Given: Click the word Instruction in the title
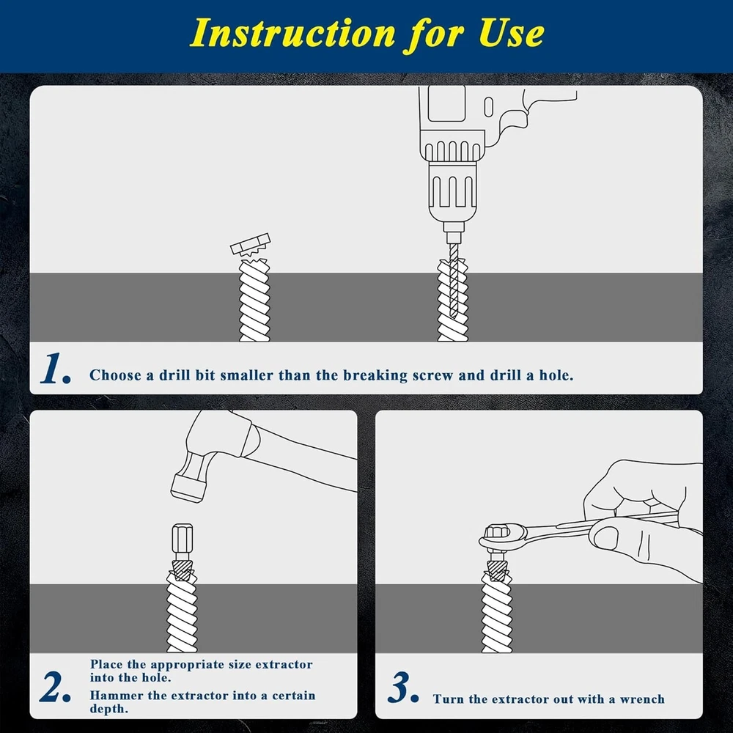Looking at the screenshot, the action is (292, 34).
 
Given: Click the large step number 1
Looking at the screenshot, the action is (56, 369).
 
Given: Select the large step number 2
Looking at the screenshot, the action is (56, 687).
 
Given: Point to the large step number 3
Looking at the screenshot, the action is (402, 687).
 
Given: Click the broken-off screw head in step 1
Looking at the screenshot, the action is (251, 245).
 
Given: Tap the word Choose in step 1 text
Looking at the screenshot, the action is (115, 375).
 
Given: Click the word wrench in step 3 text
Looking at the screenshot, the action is (642, 699).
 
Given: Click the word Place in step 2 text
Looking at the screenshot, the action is (106, 664).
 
